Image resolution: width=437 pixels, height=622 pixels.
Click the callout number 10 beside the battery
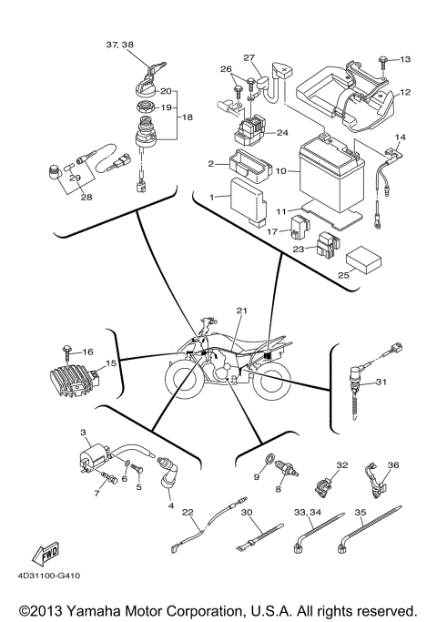pos(281,170)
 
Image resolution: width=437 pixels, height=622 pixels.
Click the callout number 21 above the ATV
pos(241,311)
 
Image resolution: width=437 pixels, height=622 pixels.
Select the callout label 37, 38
pos(119,45)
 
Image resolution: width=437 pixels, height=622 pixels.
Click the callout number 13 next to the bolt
pos(405,59)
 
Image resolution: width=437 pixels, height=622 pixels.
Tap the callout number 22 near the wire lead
pos(187,512)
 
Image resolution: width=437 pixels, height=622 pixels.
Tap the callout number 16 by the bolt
pos(87,352)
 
